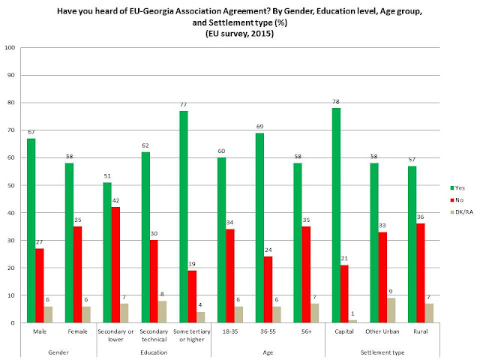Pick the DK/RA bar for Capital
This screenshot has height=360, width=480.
[352, 321]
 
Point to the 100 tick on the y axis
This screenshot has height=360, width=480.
[10, 48]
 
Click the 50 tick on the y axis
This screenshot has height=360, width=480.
[12, 185]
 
